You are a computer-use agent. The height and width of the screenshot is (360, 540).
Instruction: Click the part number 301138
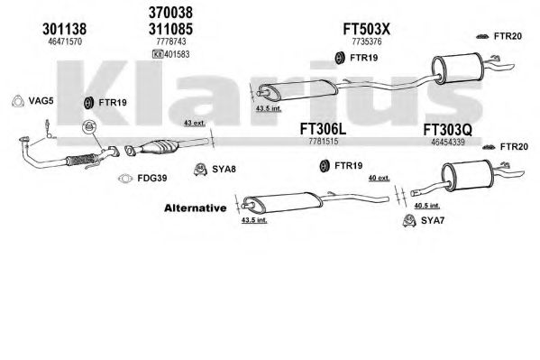click(64, 29)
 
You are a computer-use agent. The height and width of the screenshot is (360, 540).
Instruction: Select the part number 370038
click(170, 13)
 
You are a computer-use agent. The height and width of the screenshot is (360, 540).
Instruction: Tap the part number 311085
click(170, 29)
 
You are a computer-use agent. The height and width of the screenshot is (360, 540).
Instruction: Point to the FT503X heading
click(366, 29)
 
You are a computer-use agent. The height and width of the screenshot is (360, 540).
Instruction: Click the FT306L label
click(323, 129)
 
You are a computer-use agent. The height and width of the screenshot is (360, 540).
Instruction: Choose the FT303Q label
click(447, 130)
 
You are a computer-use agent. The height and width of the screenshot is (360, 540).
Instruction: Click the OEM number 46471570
click(65, 42)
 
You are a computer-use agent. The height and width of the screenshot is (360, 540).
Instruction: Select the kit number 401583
click(177, 54)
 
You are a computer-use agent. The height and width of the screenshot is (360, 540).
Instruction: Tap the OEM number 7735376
click(366, 42)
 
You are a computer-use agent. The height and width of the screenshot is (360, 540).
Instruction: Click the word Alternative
click(196, 208)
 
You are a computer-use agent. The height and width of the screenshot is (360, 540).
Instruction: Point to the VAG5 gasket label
click(41, 101)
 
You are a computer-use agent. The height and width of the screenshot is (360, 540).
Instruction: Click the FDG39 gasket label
click(151, 178)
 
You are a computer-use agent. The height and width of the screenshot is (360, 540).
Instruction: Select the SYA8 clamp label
click(224, 169)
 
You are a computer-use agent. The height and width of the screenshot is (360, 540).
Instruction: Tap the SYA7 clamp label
click(433, 220)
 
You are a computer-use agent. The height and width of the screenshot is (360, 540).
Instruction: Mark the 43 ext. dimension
click(195, 123)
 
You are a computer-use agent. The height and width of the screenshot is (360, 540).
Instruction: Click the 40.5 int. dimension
click(426, 206)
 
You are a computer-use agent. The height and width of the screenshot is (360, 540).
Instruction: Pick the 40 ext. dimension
click(379, 178)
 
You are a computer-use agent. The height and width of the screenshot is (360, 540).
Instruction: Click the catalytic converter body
click(159, 147)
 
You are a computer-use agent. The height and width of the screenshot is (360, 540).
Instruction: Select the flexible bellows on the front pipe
click(81, 160)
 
